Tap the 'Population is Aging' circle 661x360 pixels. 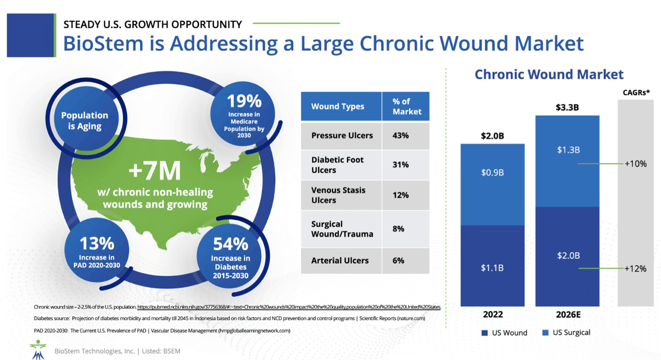point(85,120)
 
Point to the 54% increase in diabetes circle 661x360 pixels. point(230,255)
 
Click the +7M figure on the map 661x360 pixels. point(155,171)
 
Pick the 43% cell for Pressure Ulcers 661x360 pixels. point(401,136)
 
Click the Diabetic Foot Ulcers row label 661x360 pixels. point(337,165)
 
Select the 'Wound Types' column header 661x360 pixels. point(338,107)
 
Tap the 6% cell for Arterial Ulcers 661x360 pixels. point(399,261)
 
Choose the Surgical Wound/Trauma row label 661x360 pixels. point(342,229)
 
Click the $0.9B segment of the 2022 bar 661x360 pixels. point(493,173)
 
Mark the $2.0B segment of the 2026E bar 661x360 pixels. point(568,256)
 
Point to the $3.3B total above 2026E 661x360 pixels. point(567,107)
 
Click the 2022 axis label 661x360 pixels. point(493,315)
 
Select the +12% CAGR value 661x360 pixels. point(635,268)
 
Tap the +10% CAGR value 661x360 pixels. point(635,164)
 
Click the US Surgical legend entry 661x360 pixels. point(566,333)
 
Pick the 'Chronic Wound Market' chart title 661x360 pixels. point(549,75)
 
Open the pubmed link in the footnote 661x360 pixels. point(289,307)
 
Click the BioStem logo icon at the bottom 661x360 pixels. point(38,349)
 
